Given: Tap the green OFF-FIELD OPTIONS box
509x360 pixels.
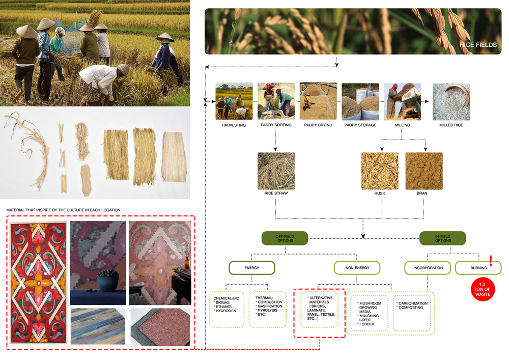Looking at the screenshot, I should (x=285, y=238).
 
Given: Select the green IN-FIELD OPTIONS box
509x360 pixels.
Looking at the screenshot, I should (x=443, y=238).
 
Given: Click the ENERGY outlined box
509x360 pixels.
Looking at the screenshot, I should (x=252, y=268).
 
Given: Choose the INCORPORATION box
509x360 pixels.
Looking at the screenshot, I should (x=428, y=268).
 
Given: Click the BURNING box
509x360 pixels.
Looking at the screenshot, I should (x=478, y=268).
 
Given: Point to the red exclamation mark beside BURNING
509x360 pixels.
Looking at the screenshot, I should (x=491, y=261).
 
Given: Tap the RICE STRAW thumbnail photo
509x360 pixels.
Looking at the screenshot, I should (x=276, y=171).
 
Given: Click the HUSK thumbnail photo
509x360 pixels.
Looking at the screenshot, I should (x=380, y=171).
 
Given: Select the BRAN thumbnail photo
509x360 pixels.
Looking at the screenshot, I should (x=424, y=171).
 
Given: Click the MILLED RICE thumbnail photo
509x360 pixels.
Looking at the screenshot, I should (x=451, y=101).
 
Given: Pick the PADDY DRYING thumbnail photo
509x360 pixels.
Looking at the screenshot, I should (x=318, y=101).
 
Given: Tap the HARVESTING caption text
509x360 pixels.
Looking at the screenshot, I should (x=234, y=125).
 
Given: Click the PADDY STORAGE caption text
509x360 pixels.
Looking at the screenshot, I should (x=360, y=125).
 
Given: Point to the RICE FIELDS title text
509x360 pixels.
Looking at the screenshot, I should (x=478, y=45).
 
